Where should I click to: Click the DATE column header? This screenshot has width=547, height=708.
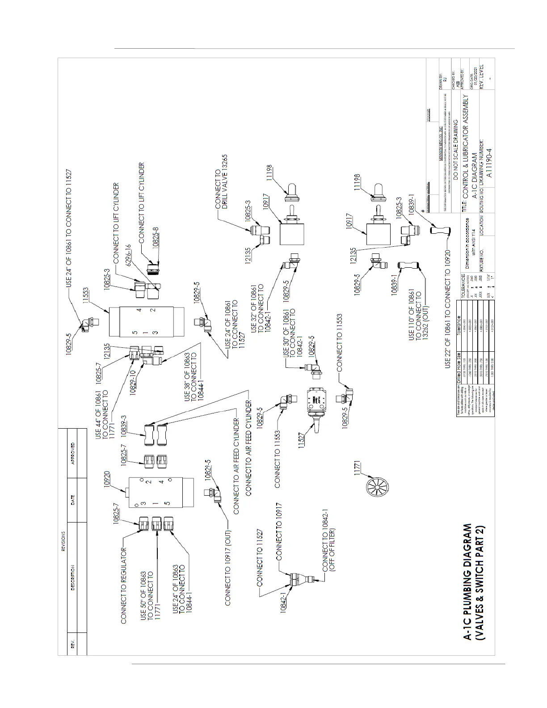point(73,498)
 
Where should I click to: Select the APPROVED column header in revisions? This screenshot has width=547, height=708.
point(73,454)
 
